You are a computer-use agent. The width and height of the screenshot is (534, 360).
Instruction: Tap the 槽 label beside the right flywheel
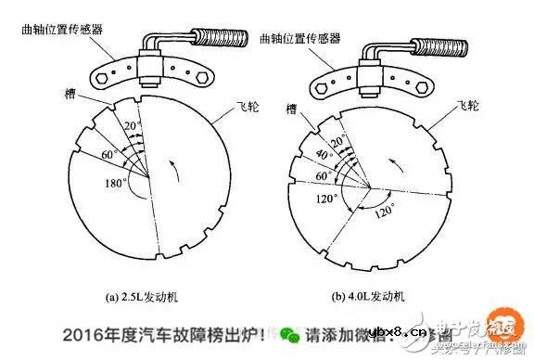tap(294, 110)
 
